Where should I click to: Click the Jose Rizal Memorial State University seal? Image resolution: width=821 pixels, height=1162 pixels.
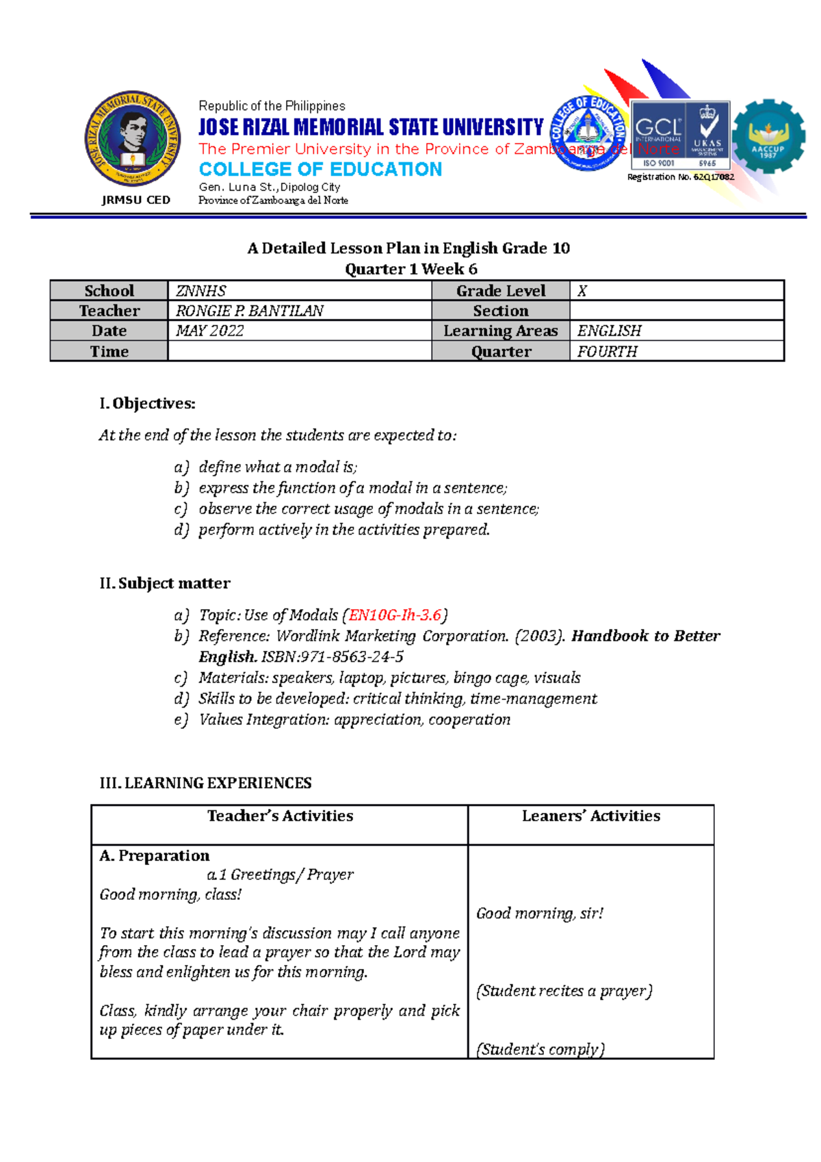pyautogui.click(x=133, y=138)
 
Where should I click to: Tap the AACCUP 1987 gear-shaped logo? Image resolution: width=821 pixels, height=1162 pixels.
pyautogui.click(x=768, y=136)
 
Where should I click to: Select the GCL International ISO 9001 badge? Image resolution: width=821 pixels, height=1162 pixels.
pyautogui.click(x=680, y=135)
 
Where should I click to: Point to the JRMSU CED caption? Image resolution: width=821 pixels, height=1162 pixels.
pyautogui.click(x=135, y=200)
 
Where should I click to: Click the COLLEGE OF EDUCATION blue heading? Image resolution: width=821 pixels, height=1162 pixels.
pyautogui.click(x=320, y=169)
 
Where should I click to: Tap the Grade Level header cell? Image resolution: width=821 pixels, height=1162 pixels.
pyautogui.click(x=500, y=291)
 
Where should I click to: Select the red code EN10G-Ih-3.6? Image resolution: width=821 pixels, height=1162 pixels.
pyautogui.click(x=395, y=615)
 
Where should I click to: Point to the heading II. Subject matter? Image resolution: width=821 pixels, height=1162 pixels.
pyautogui.click(x=165, y=583)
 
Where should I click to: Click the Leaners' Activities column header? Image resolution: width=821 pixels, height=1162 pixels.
pyautogui.click(x=590, y=816)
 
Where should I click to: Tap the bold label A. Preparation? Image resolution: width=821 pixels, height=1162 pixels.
pyautogui.click(x=155, y=855)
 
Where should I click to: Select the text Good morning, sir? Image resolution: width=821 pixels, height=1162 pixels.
pyautogui.click(x=540, y=914)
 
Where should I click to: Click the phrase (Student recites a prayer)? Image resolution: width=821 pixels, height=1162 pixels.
pyautogui.click(x=564, y=991)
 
